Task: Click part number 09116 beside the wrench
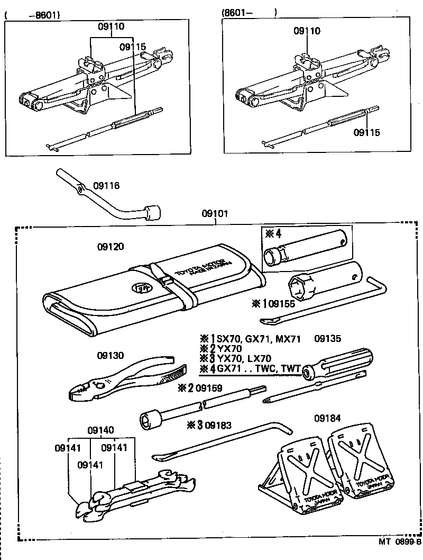click(106, 185)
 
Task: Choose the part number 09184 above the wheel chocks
click(327, 418)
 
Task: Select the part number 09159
click(209, 388)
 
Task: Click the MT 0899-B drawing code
click(399, 541)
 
